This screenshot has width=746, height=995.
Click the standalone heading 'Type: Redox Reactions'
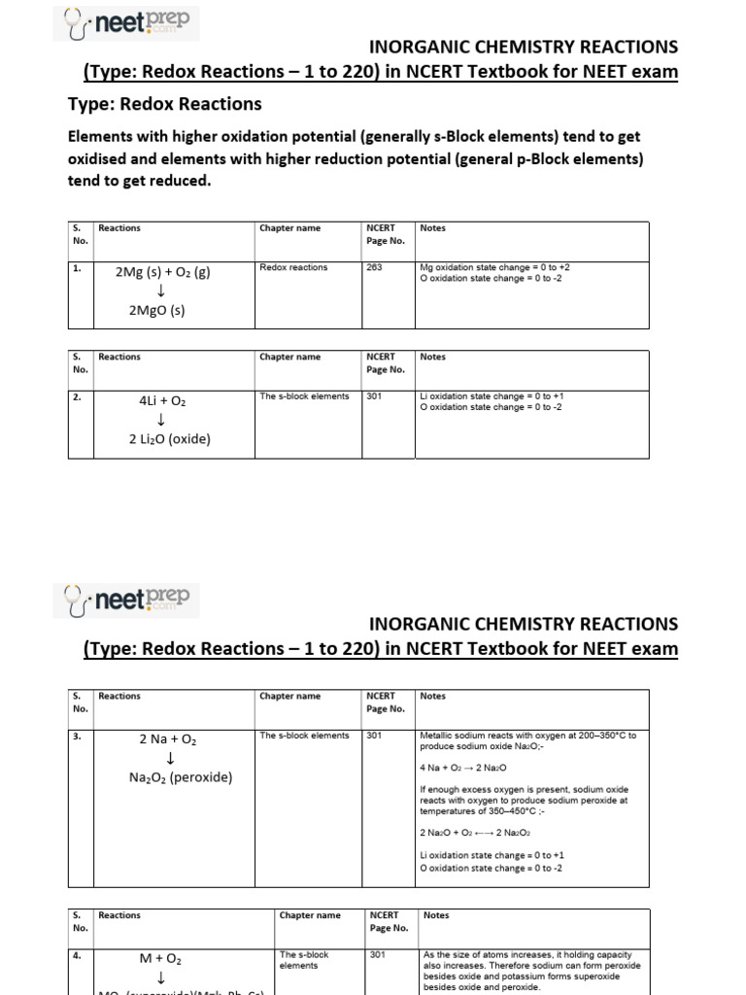click(164, 104)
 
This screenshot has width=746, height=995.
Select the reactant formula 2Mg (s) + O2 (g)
click(162, 272)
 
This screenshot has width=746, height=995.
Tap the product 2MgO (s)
click(156, 311)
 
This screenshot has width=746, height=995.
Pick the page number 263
click(374, 267)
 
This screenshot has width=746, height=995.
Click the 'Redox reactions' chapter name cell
click(293, 267)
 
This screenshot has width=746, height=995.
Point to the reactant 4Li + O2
click(162, 400)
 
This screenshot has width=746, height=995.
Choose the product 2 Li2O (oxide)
click(169, 438)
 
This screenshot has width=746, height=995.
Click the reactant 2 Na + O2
click(168, 739)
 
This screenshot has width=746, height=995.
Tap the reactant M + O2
click(160, 959)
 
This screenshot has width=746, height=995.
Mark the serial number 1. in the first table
click(77, 267)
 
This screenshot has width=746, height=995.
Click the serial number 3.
click(77, 736)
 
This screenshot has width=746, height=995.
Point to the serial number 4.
click(77, 955)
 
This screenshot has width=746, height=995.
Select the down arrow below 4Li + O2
click(160, 420)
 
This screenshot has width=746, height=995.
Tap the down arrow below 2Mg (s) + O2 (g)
click(160, 292)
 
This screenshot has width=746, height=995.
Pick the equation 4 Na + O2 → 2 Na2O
click(463, 768)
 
